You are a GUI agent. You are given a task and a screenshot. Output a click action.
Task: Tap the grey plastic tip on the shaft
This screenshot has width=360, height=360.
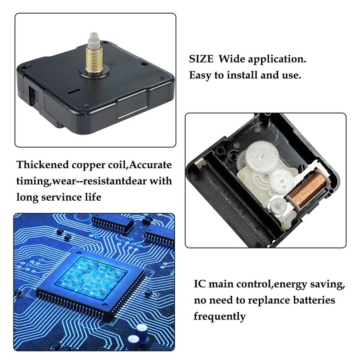(x=94, y=37)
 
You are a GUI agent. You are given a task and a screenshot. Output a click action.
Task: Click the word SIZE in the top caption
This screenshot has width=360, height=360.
(x=201, y=59)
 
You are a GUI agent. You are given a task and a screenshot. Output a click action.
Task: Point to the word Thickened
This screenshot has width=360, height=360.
(x=42, y=165)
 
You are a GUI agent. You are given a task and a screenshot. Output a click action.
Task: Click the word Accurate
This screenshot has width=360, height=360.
(x=150, y=165)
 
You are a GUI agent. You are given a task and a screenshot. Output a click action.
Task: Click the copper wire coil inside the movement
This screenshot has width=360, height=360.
(x=308, y=189)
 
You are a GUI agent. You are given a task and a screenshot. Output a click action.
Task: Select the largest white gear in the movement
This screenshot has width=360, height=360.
(x=262, y=155)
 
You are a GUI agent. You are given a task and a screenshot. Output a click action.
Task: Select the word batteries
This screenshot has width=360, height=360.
(x=314, y=300)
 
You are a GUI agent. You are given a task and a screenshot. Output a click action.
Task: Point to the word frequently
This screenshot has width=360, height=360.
(x=220, y=317)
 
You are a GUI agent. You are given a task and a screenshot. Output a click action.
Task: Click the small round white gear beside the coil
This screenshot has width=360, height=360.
(x=278, y=205)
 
